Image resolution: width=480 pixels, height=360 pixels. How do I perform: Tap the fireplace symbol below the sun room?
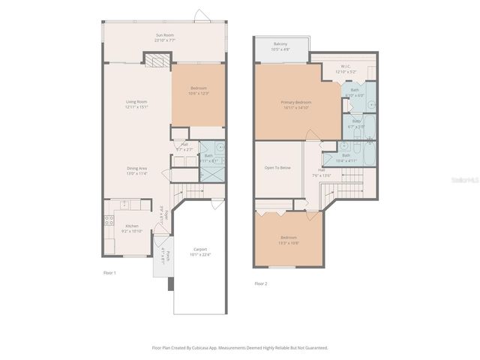tap(155, 59)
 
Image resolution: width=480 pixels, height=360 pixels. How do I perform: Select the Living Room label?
tap(136, 104)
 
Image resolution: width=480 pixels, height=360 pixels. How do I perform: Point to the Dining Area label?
tap(136, 170)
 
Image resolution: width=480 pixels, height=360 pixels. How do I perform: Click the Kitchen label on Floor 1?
tap(132, 229)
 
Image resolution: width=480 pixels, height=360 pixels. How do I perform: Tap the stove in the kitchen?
tap(109, 222)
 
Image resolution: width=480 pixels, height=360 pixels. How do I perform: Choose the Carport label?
tap(200, 251)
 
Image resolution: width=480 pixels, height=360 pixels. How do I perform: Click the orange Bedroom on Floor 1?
tap(198, 91)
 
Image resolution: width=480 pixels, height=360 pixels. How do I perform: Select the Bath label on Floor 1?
tap(208, 157)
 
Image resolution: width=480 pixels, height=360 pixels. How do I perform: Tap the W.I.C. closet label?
tap(346, 68)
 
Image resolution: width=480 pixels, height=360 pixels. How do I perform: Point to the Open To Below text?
tap(277, 167)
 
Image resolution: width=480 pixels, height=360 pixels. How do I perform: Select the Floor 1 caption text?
tap(109, 273)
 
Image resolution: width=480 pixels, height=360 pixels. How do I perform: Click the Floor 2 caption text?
tap(260, 283)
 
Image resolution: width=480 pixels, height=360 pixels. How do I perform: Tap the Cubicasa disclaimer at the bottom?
tap(240, 347)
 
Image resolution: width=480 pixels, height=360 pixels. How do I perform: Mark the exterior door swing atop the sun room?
tap(199, 15)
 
